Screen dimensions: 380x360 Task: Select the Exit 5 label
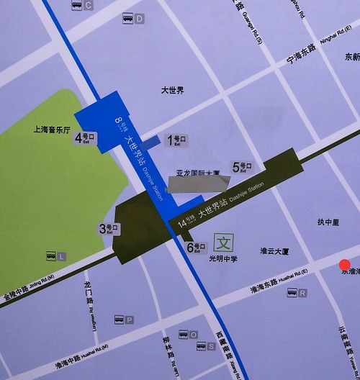click(240, 167)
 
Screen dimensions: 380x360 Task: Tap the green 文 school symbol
click(223, 240)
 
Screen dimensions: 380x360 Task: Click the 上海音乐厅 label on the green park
click(51, 131)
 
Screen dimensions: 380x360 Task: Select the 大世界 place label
click(172, 91)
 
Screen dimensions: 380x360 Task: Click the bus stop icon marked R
click(297, 293)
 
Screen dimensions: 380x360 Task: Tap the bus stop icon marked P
click(124, 320)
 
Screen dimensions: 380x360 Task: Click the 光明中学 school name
click(223, 256)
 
